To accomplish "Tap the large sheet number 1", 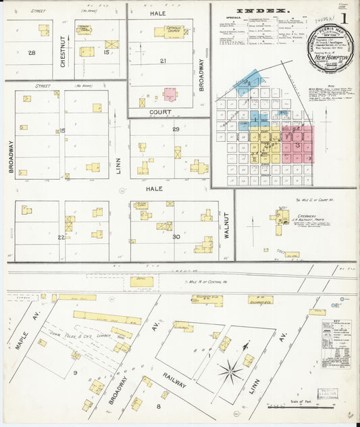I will [x=344, y=18].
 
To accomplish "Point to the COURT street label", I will [x=161, y=112].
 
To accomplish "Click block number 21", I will [x=163, y=61].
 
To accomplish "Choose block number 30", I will [x=176, y=236].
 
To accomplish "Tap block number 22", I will [x=61, y=237].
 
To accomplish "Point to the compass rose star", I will [x=232, y=370].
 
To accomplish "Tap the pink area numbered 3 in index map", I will [x=298, y=145].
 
